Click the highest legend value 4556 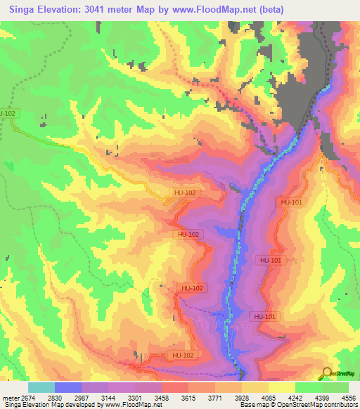pos(349,398)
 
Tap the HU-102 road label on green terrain pos(8,113)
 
